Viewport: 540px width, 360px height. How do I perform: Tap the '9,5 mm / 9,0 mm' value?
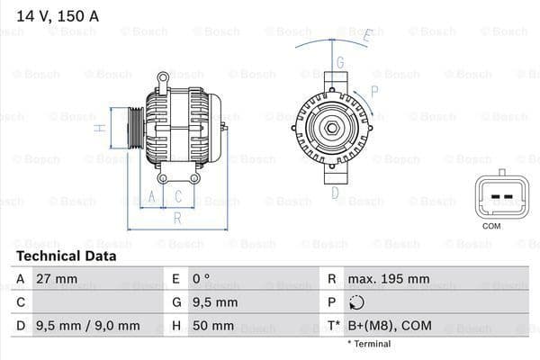click(x=87, y=326)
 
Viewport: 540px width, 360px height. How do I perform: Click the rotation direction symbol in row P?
click(x=358, y=302)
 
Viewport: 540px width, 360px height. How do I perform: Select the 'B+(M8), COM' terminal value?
click(x=392, y=326)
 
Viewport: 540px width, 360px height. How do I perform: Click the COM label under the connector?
click(x=491, y=226)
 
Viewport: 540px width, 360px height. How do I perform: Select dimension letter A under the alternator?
click(x=152, y=195)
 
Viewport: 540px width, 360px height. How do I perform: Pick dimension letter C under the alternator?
click(x=178, y=195)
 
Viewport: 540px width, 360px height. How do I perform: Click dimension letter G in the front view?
click(x=340, y=62)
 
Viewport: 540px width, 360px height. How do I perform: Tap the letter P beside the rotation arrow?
click(x=374, y=91)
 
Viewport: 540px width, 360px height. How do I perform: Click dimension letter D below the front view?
click(x=334, y=192)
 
